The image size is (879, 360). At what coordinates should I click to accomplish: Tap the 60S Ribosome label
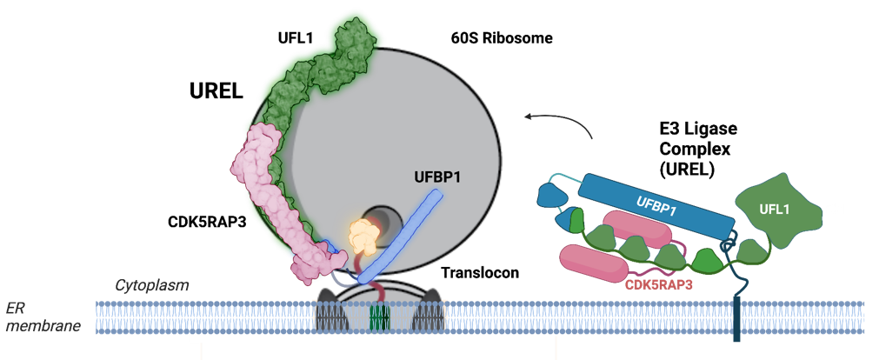point(502,38)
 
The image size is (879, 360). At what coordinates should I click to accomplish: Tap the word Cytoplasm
point(152,285)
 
